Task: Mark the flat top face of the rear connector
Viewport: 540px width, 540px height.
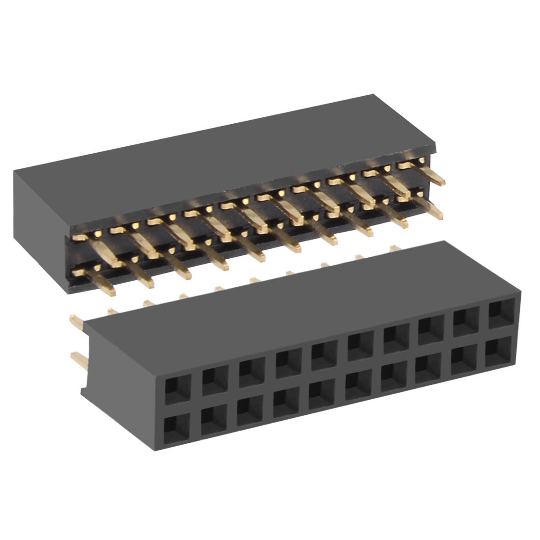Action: pos(221,147)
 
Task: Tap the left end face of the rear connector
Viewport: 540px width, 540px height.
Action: pos(39,221)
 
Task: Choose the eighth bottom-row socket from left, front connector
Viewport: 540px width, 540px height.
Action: pos(426,369)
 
